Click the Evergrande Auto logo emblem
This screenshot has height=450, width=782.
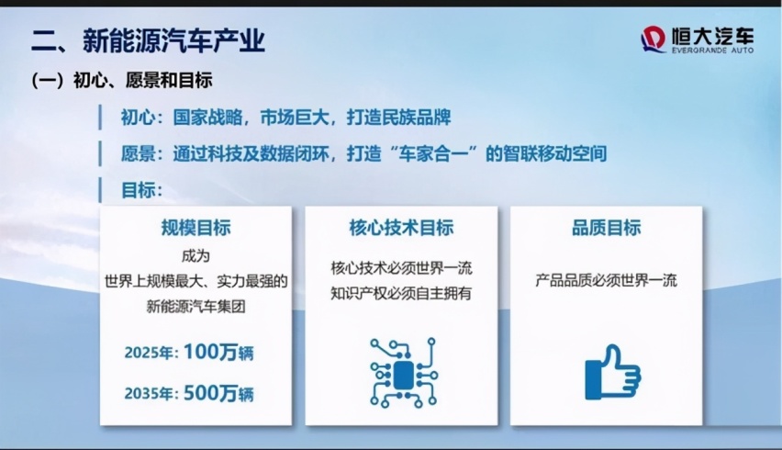(654, 39)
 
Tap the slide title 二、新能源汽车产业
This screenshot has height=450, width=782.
(148, 41)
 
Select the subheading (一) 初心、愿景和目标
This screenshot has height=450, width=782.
(122, 80)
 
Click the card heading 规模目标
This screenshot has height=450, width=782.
(196, 228)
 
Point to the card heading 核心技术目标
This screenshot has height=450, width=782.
(401, 228)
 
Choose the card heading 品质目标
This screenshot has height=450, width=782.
(607, 228)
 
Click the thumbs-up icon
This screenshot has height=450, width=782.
(613, 372)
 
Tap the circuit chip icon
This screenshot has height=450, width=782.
(404, 373)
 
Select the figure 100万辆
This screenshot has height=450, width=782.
(218, 353)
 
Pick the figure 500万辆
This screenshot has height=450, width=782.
(218, 394)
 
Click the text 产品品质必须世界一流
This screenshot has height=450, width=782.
(607, 280)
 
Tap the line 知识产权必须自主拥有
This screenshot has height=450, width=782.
(401, 293)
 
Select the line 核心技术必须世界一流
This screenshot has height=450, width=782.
(401, 268)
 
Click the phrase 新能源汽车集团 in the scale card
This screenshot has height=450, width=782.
(196, 307)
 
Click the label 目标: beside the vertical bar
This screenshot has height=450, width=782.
(141, 190)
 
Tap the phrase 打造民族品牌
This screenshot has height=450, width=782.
(399, 118)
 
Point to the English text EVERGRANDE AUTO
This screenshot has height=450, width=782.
(712, 51)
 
